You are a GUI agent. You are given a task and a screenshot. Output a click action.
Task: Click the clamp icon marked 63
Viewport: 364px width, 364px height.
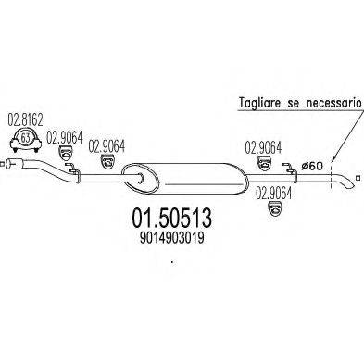coord(25,141)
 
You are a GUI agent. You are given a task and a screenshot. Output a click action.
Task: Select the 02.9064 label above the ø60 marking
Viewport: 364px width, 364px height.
coord(263,145)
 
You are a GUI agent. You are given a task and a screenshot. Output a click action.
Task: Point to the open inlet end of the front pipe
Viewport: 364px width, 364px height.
coord(8,166)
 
